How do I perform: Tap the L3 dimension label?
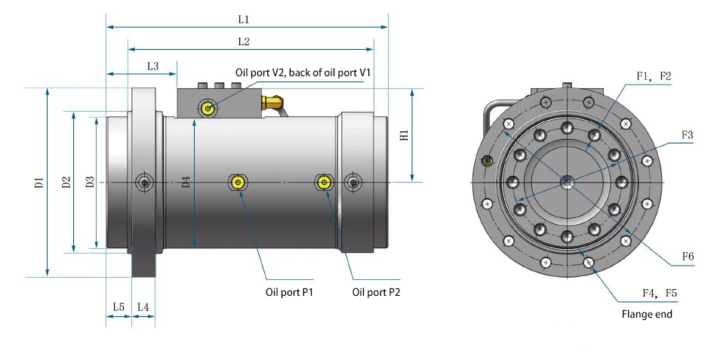coord(152,66)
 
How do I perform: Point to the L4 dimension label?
coord(143,307)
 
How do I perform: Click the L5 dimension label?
coord(119,307)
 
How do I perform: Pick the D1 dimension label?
coord(39,182)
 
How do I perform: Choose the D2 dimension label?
coord(66,182)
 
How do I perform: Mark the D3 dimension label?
coord(90,182)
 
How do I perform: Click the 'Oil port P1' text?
coord(288,292)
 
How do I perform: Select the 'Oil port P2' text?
coord(376,292)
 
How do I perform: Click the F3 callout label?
coord(687,135)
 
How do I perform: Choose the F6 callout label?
coord(687,257)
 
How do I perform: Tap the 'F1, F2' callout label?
coord(654,76)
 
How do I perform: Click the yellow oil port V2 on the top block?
coord(208,109)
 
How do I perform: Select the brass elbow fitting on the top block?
coord(273,100)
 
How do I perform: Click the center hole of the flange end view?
coord(567,181)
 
